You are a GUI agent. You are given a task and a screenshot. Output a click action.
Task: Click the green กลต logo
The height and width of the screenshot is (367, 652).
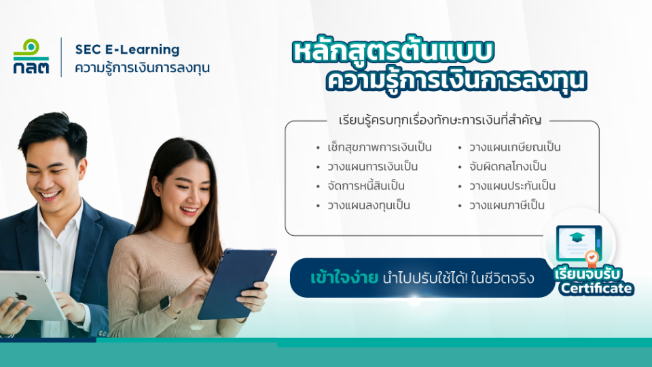[31, 56]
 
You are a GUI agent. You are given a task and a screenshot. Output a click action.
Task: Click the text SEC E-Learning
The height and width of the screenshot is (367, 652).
[127, 50]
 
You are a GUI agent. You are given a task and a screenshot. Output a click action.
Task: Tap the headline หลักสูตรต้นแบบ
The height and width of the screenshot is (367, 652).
[393, 51]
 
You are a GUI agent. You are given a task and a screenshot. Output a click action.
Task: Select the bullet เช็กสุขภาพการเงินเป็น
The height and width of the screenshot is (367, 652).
[379, 147]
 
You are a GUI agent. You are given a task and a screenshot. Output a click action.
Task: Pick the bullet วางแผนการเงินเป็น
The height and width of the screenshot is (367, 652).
[373, 167]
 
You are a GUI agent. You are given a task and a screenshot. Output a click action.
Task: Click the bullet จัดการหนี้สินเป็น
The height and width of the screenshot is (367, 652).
[366, 185]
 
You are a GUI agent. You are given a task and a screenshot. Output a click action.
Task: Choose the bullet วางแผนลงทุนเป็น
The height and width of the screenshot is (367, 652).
[368, 205]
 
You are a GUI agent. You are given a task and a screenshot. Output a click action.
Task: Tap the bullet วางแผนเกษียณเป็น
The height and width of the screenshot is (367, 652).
[515, 147]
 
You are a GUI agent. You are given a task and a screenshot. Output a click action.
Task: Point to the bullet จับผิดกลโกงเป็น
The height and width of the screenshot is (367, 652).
[508, 167]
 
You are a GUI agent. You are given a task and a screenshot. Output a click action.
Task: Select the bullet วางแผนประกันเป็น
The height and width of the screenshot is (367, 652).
[512, 186]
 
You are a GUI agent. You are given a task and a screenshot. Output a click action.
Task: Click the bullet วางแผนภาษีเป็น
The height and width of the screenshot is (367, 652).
[507, 205]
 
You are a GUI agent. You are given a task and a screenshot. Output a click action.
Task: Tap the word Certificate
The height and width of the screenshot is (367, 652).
[596, 288]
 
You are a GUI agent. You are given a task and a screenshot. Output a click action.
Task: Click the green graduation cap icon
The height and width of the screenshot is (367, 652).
[577, 238]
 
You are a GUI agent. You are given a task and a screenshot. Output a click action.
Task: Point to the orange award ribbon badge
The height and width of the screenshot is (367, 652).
[592, 258]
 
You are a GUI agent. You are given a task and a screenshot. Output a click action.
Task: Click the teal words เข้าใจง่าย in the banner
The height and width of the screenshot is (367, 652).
[344, 277]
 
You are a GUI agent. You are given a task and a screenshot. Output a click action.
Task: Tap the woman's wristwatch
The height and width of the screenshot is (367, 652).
[165, 303]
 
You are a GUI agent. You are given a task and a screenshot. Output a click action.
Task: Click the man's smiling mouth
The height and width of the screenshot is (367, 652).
[50, 194]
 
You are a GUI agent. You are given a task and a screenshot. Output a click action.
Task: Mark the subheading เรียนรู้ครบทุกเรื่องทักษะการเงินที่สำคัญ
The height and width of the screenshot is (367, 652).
[440, 120]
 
